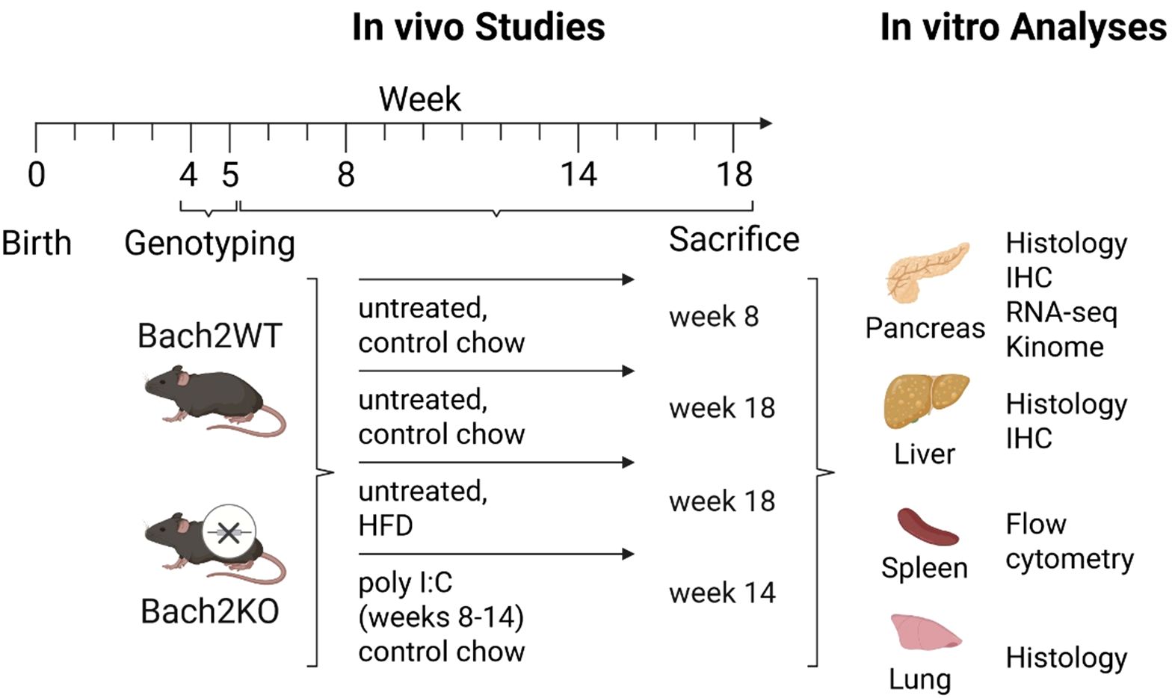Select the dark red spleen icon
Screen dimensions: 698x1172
click(x=927, y=526)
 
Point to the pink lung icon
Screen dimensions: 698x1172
click(x=924, y=633)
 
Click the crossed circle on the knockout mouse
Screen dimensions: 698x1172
click(x=229, y=533)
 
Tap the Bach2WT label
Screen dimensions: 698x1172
click(x=209, y=336)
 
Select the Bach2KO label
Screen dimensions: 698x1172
click(x=209, y=611)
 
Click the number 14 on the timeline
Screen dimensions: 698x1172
click(x=579, y=175)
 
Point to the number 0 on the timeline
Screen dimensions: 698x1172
click(x=36, y=175)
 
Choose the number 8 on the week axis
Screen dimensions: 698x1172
click(x=345, y=175)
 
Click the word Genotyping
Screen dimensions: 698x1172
click(x=209, y=244)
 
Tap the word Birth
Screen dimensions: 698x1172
click(x=36, y=244)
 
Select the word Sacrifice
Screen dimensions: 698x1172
click(x=733, y=240)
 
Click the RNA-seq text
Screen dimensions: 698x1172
click(x=1061, y=312)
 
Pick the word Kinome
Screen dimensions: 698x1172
click(x=1054, y=347)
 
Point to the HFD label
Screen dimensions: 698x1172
click(x=385, y=525)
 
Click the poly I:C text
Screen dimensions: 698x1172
click(x=405, y=583)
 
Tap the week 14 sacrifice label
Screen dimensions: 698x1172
click(x=722, y=593)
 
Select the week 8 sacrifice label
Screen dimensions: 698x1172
click(x=714, y=317)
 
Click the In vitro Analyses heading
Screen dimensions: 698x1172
click(x=1023, y=28)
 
